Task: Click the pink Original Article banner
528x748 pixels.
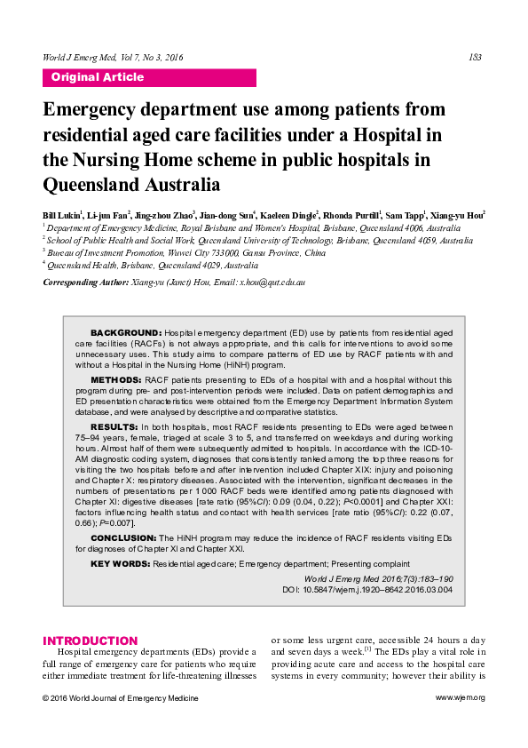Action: point(149,77)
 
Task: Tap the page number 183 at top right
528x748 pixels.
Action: point(475,58)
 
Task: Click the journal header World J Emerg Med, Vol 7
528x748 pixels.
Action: point(113,58)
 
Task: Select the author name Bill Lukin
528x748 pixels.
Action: point(61,216)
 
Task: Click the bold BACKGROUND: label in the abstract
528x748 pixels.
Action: point(126,330)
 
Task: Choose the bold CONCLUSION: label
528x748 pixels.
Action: point(123,538)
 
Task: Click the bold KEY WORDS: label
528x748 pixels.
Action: point(120,563)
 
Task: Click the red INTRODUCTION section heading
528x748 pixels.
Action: point(91,641)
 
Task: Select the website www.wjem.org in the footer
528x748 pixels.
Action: point(460,697)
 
